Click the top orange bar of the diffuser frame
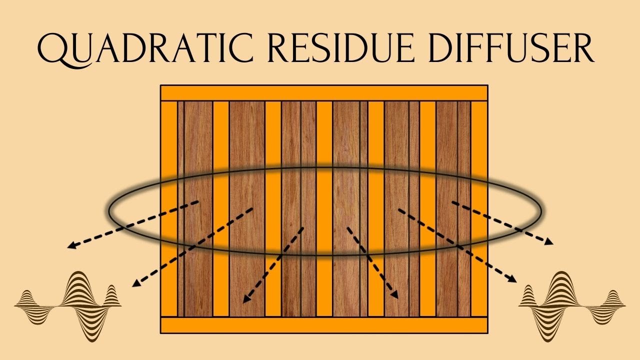pyautogui.click(x=323, y=93)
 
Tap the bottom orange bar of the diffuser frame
pyautogui.click(x=323, y=325)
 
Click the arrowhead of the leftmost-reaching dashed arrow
pyautogui.click(x=71, y=245)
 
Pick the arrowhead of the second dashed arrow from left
pyautogui.click(x=135, y=284)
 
